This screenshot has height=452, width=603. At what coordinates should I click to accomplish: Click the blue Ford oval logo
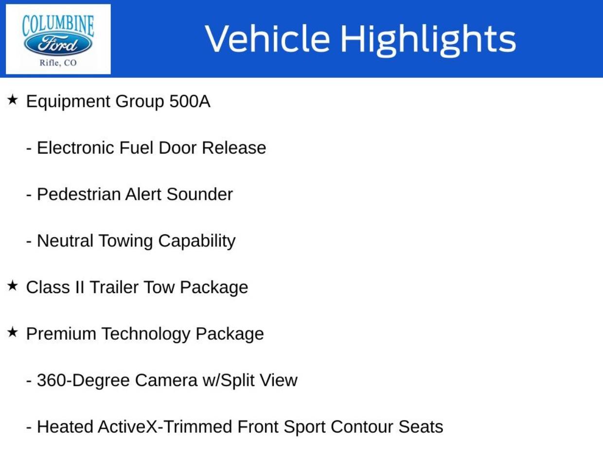(58, 45)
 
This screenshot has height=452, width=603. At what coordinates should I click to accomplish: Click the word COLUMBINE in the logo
(58, 25)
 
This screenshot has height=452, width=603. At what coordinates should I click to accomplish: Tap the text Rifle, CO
(58, 63)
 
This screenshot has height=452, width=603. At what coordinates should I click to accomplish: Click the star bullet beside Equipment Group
(13, 100)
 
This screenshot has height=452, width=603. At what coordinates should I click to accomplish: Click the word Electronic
(76, 148)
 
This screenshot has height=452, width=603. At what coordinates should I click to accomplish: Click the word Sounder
(199, 194)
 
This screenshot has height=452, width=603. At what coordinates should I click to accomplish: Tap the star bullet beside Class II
(13, 286)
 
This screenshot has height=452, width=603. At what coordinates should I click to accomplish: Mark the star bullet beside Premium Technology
(13, 332)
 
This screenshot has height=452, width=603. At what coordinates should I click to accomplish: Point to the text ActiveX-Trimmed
(165, 427)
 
